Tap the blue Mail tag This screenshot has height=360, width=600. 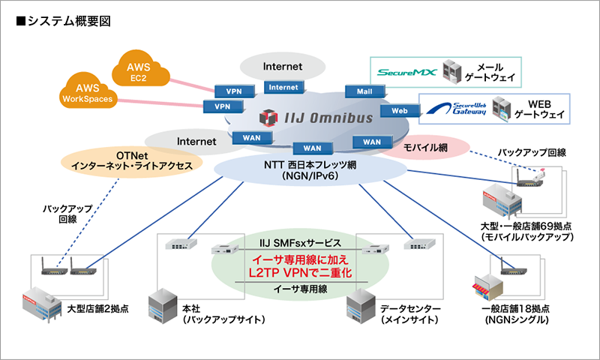coord(365,91)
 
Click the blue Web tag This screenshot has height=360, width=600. coord(394,110)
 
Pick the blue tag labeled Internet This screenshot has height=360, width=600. coord(283,88)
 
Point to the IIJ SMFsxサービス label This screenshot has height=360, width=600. coord(297,244)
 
